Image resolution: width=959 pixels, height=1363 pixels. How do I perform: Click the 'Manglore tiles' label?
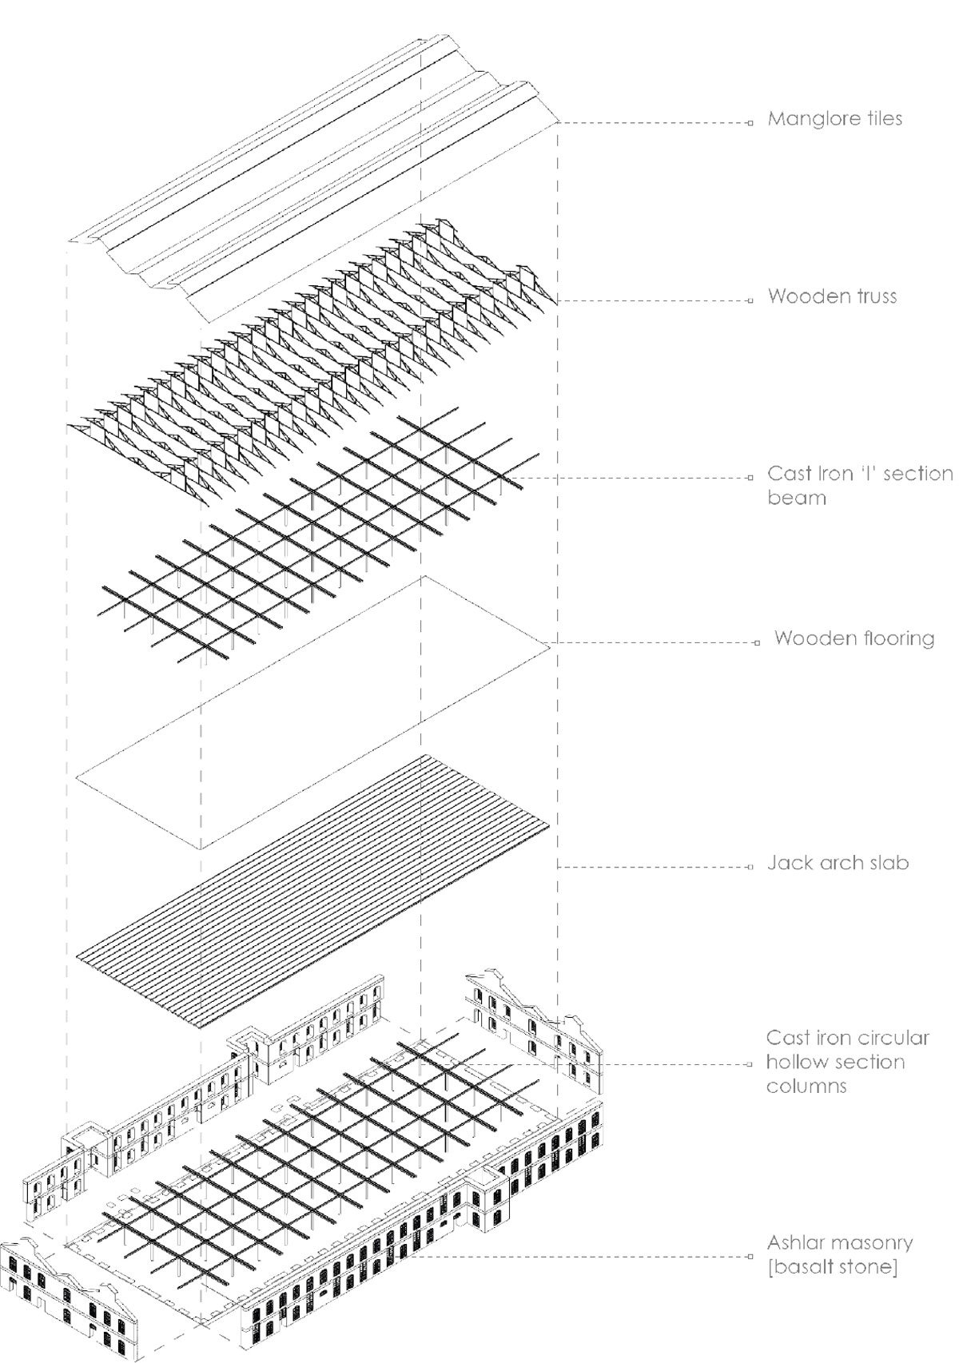[834, 119]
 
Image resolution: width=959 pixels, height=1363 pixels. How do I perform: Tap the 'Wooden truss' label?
[832, 296]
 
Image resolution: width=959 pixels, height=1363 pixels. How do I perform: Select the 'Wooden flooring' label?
[854, 638]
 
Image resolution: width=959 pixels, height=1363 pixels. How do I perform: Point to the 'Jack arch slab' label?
[838, 863]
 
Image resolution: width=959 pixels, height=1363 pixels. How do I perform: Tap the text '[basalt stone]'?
[831, 1268]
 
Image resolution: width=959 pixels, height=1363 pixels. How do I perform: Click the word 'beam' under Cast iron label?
[797, 498]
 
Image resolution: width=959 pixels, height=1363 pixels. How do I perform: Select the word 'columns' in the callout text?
[806, 1087]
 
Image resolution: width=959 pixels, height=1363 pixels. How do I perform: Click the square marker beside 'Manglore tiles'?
[750, 123]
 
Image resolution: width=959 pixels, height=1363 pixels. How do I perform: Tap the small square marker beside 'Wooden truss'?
[750, 300]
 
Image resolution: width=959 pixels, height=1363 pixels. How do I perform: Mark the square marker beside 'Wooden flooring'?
[756, 642]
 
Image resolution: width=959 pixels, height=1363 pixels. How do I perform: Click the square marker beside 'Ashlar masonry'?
[750, 1256]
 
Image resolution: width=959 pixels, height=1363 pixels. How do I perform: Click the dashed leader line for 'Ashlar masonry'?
[583, 1256]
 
